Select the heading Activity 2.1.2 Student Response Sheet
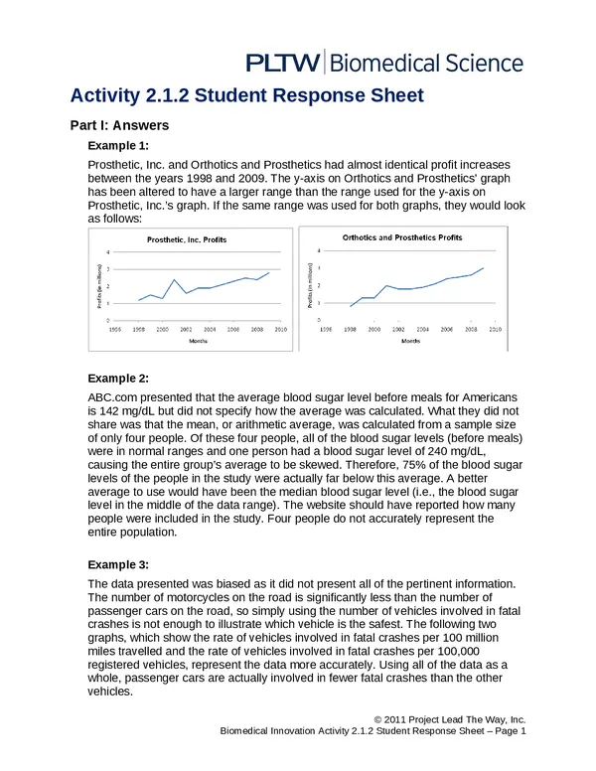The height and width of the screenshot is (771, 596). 246,96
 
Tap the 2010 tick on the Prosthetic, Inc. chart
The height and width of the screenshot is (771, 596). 281,327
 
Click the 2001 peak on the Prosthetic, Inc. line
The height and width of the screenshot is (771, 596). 174,280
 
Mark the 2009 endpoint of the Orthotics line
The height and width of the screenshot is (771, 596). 484,267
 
